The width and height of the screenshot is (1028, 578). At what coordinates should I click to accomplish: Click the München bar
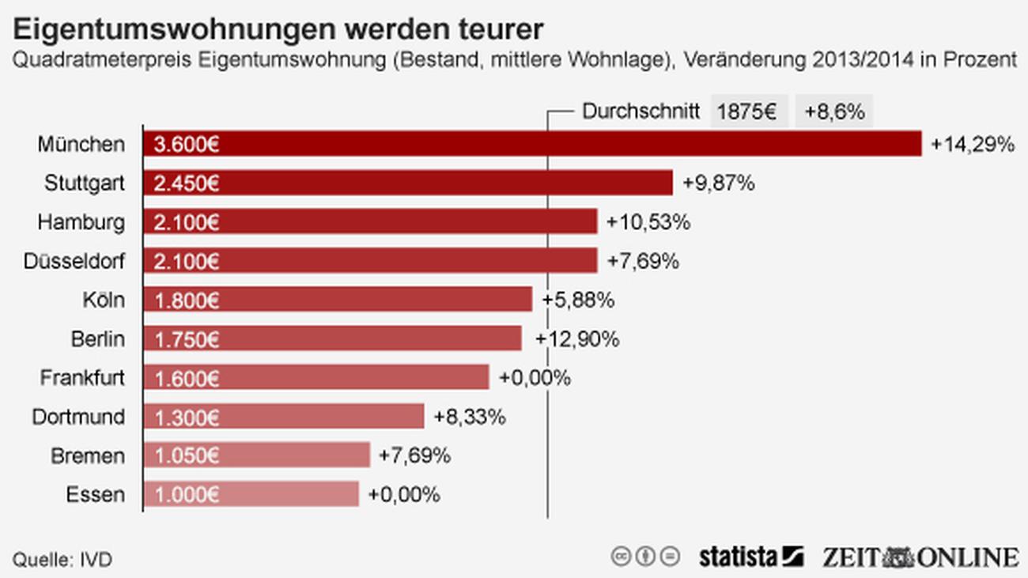(531, 144)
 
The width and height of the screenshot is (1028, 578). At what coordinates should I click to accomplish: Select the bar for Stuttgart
(407, 183)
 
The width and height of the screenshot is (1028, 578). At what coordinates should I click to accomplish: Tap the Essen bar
(251, 494)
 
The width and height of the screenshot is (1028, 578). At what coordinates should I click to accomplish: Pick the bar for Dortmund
(283, 416)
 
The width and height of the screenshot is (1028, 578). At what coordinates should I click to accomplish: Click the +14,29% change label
(972, 144)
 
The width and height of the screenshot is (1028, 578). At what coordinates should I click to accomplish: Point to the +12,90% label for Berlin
(577, 338)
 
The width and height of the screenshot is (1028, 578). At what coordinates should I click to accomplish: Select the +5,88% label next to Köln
(578, 300)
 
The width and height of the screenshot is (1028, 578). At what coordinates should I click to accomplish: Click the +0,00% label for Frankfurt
(535, 377)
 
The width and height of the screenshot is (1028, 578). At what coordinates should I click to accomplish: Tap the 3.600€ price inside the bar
(187, 144)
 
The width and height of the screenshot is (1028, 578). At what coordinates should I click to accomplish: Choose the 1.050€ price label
(187, 455)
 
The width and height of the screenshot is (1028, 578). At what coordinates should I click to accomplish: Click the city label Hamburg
(81, 222)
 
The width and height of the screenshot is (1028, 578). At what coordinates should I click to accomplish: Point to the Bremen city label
(88, 455)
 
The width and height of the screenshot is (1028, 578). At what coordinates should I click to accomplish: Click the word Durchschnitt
(641, 111)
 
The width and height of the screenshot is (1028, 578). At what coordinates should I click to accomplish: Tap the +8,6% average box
(834, 111)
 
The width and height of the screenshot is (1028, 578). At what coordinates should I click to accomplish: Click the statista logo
(750, 557)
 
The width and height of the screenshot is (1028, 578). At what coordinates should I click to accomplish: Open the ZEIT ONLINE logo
(920, 557)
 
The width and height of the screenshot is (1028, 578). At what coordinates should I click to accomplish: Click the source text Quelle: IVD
(62, 560)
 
